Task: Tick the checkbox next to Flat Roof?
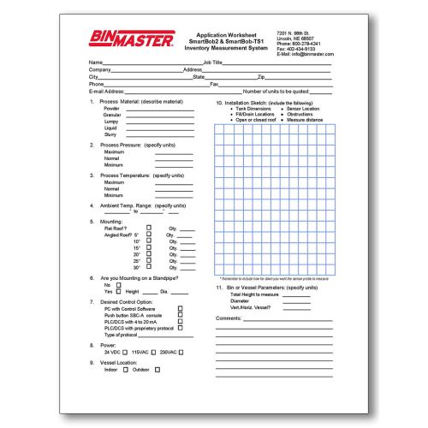click(149, 227)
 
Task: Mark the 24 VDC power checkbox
click(126, 353)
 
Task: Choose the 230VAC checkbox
click(181, 353)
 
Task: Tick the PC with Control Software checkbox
click(180, 308)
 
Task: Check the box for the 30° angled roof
click(149, 267)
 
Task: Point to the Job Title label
click(213, 62)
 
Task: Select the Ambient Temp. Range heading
click(140, 205)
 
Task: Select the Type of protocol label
click(122, 335)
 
